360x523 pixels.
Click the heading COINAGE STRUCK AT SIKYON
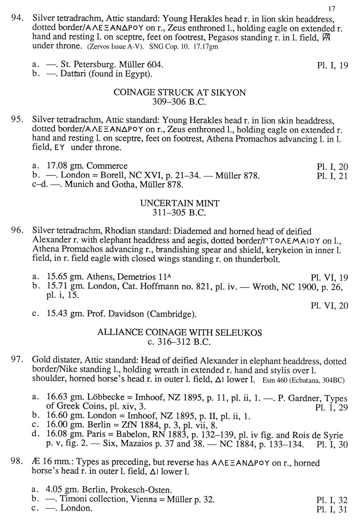tap(179, 92)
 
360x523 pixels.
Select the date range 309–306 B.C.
tap(179, 102)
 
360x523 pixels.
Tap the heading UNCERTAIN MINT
tap(179, 203)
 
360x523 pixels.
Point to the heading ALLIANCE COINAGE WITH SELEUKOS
tap(179, 332)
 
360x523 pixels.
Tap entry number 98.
tap(18, 462)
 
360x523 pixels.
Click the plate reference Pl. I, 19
tap(332, 66)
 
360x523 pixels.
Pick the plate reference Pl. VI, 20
tap(329, 306)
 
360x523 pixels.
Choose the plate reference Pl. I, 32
tap(332, 500)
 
